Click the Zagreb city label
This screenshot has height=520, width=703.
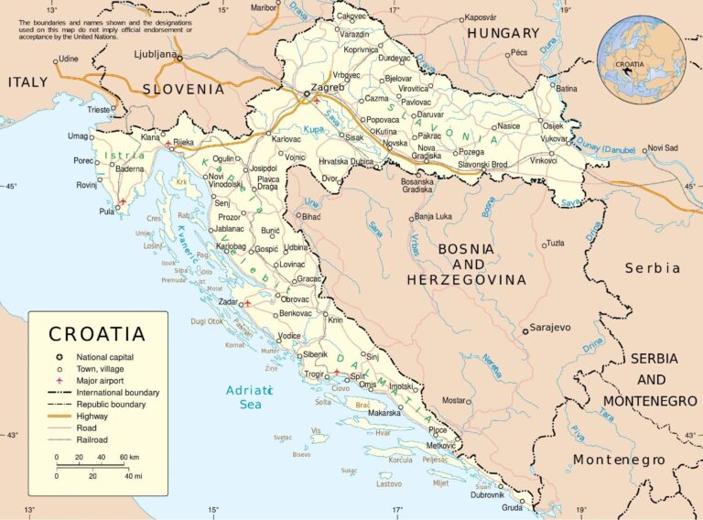coord(327,88)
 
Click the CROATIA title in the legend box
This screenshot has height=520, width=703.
coord(97,334)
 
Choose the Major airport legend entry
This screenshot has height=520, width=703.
coord(101,380)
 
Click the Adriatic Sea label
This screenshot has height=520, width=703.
coord(245,397)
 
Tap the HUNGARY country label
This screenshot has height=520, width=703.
coord(503,33)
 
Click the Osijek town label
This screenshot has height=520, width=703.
coord(554,125)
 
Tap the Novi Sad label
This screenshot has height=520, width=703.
coord(662,147)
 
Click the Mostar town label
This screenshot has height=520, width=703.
coord(454,400)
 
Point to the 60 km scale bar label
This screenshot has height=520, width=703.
coord(128,456)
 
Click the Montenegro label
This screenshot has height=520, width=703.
coord(619,460)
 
